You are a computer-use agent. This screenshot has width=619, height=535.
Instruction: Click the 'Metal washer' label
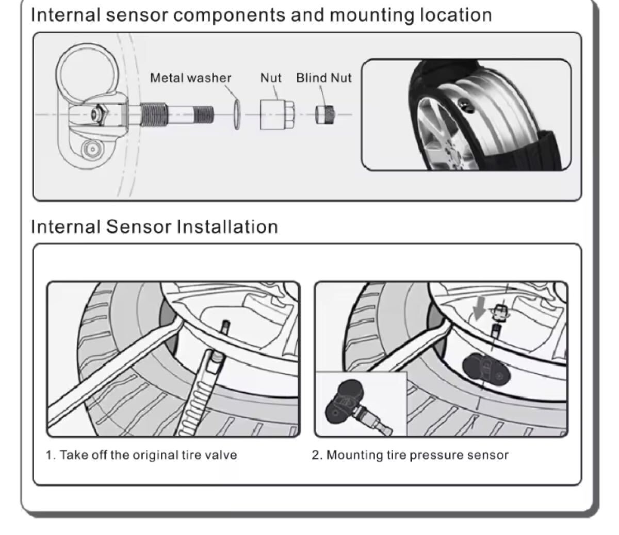pos(190,78)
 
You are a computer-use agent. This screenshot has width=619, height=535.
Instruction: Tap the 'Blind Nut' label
pos(323,78)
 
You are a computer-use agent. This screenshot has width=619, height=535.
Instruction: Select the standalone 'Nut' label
pos(271,78)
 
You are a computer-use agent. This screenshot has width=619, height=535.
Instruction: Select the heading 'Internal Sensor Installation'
pos(154,226)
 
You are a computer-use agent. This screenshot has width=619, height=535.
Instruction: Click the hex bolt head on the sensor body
pos(98,113)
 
